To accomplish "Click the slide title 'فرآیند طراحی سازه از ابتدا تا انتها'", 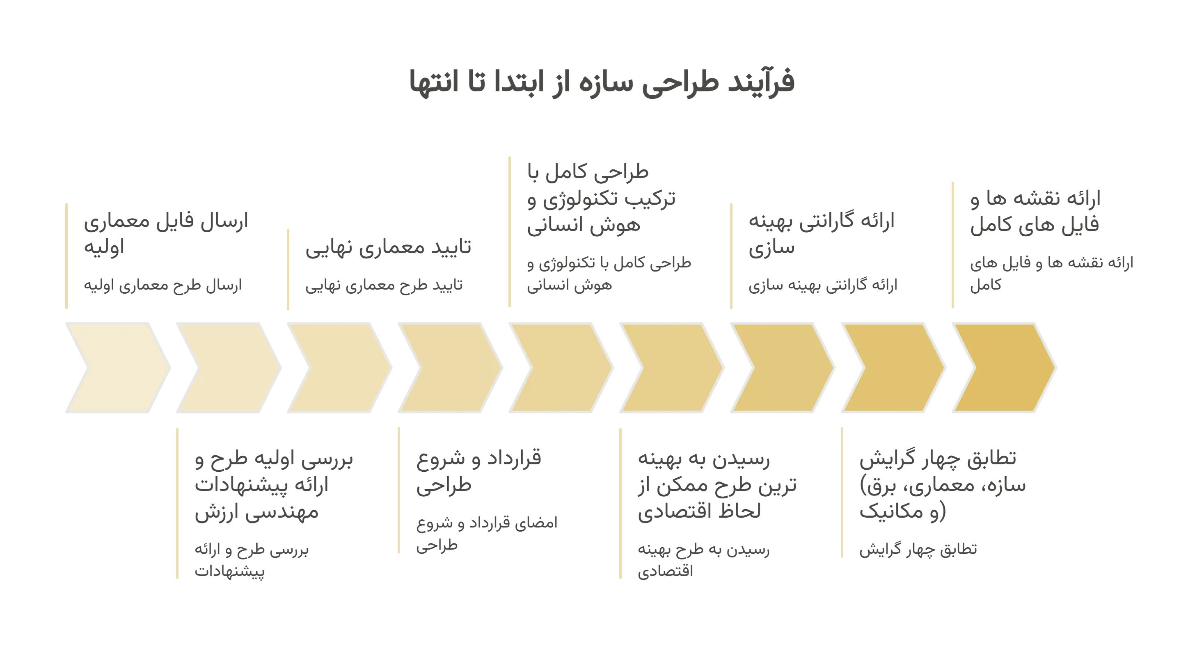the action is pyautogui.click(x=602, y=82).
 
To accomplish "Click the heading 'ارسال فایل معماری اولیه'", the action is pyautogui.click(x=166, y=233).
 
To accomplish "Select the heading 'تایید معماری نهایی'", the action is pyautogui.click(x=388, y=247).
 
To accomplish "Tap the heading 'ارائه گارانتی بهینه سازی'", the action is pyautogui.click(x=821, y=233).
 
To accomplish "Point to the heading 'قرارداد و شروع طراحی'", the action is pyautogui.click(x=478, y=471).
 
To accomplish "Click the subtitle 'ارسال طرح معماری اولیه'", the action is pyautogui.click(x=163, y=285).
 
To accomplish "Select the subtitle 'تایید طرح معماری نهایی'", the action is pyautogui.click(x=384, y=285).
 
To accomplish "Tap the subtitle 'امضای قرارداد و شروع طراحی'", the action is pyautogui.click(x=487, y=534).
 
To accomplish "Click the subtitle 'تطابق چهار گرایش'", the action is pyautogui.click(x=918, y=549).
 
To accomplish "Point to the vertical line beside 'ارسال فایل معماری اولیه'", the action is pyautogui.click(x=66, y=256).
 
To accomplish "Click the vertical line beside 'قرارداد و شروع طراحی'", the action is pyautogui.click(x=399, y=490).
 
